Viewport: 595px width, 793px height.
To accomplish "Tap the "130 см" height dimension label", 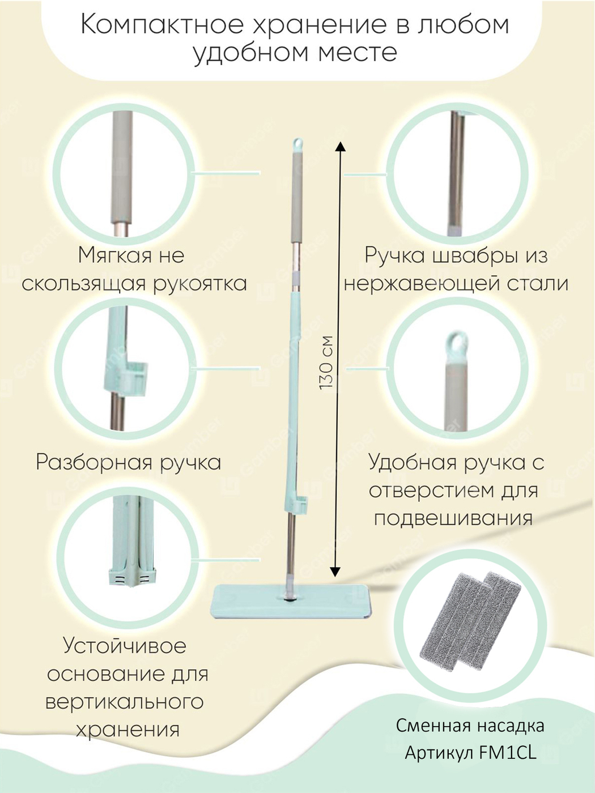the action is point(326,363).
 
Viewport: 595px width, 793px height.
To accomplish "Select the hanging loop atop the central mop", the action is point(298,144).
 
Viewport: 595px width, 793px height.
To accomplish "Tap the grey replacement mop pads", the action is point(470,621).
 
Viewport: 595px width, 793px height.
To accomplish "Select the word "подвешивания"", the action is point(453,519).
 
